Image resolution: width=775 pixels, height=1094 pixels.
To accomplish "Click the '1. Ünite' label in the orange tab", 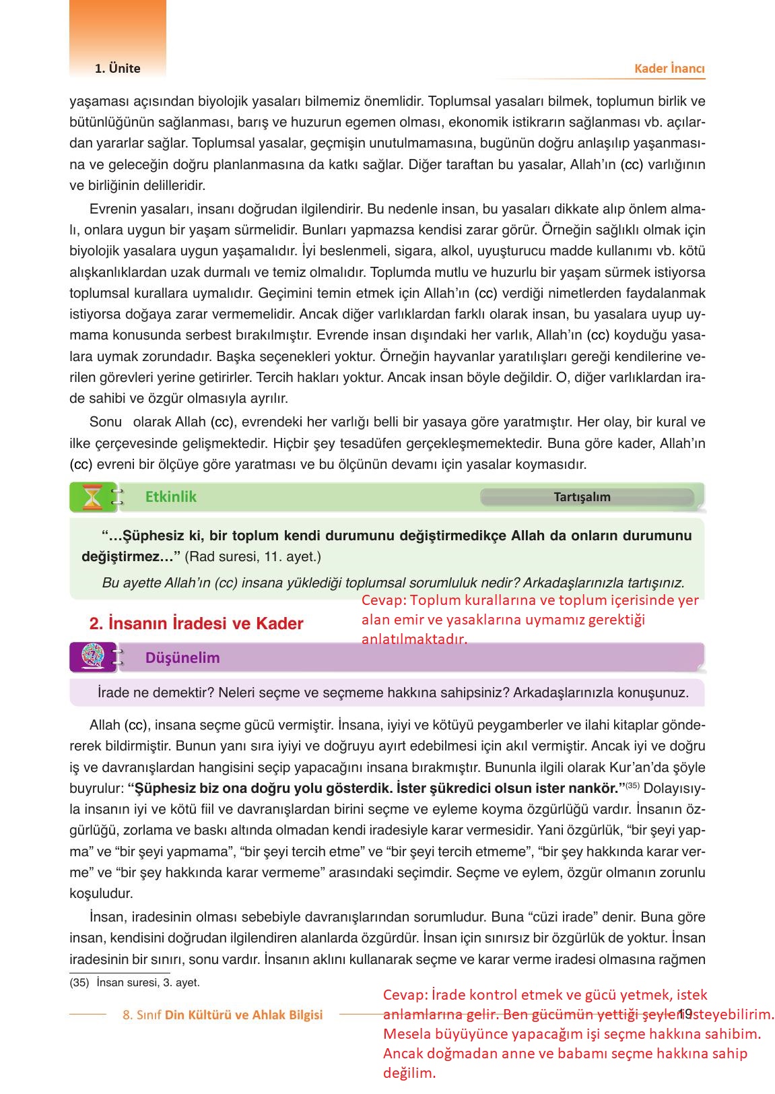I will pyautogui.click(x=118, y=68).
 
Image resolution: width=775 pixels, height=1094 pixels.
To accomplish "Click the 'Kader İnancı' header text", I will pyautogui.click(x=669, y=69).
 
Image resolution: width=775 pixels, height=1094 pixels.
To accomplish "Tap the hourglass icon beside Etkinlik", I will pyautogui.click(x=93, y=498).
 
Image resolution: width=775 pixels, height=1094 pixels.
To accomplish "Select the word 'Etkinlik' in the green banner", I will pyautogui.click(x=171, y=496).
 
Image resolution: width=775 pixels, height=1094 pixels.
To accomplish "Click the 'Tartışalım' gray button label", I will pyautogui.click(x=582, y=497).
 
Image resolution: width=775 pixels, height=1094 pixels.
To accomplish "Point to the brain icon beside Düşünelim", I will pyautogui.click(x=93, y=657).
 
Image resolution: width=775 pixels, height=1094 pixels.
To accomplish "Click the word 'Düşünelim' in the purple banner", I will pyautogui.click(x=182, y=657).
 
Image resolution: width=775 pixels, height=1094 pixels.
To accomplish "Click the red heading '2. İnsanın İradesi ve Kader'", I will pyautogui.click(x=196, y=624).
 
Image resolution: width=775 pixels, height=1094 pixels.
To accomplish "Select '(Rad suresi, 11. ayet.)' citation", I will pyautogui.click(x=252, y=557).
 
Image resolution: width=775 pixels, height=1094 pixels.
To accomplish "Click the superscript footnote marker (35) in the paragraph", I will pyautogui.click(x=632, y=786).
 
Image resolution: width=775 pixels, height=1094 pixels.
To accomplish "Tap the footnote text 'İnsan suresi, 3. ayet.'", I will pyautogui.click(x=147, y=983).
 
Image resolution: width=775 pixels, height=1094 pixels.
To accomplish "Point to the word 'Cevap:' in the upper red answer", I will pyautogui.click(x=384, y=600).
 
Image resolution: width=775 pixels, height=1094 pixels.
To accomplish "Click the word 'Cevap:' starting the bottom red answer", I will pyautogui.click(x=405, y=995).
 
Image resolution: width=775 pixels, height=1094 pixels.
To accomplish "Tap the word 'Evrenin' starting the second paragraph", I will pyautogui.click(x=112, y=209).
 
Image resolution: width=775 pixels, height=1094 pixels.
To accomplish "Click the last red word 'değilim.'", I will pyautogui.click(x=409, y=1074).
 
